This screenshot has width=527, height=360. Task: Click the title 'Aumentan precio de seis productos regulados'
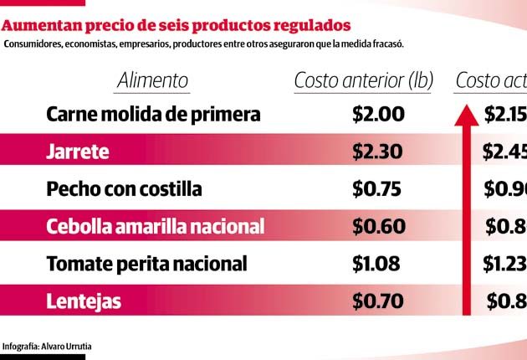[177, 26]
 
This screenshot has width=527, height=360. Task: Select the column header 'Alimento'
[152, 80]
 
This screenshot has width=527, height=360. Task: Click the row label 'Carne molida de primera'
[154, 114]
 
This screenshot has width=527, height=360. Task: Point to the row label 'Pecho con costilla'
[124, 188]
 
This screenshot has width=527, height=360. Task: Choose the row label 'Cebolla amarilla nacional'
[156, 226]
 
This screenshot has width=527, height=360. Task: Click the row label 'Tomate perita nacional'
[147, 264]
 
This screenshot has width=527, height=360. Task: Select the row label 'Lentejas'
[84, 301]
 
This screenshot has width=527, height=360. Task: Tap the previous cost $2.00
[378, 114]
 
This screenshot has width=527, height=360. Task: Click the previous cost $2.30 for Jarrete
[378, 152]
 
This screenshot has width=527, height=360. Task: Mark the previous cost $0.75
[378, 188]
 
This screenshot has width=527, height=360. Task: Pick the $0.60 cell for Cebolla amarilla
[378, 226]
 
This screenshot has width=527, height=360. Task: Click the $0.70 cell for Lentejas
[378, 301]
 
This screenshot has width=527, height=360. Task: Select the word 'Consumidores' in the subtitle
[33, 44]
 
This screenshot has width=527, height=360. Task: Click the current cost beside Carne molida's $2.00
[505, 114]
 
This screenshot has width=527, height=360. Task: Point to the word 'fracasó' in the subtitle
[388, 44]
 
